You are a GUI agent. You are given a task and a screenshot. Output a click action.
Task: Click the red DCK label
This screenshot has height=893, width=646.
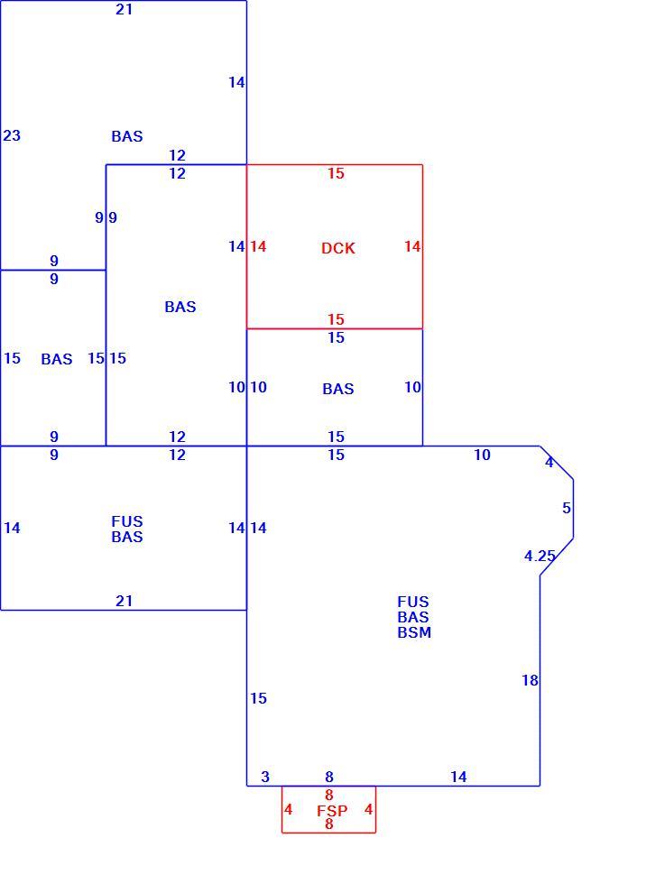(337, 248)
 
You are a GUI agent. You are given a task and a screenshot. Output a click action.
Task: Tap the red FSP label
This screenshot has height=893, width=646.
(332, 810)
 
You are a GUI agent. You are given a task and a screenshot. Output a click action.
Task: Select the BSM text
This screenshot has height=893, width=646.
(414, 632)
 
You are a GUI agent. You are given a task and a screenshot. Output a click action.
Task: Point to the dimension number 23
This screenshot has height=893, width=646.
(12, 135)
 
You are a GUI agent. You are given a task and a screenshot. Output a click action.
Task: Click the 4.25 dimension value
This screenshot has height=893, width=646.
(540, 556)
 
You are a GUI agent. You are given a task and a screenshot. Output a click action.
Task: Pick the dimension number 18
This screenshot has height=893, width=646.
(530, 680)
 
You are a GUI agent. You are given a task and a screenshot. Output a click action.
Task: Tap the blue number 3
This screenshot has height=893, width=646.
(265, 777)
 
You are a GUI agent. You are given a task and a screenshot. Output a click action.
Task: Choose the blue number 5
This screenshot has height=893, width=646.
(567, 508)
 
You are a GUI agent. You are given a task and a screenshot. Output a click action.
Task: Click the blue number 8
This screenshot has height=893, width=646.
(329, 777)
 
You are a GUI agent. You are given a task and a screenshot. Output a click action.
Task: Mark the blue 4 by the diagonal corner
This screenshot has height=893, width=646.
(549, 463)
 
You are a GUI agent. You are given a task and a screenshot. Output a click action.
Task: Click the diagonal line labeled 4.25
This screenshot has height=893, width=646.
(557, 557)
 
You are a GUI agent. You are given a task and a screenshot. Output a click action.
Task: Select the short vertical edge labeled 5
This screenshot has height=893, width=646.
(573, 509)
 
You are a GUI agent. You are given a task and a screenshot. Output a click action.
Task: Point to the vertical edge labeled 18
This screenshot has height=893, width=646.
(540, 680)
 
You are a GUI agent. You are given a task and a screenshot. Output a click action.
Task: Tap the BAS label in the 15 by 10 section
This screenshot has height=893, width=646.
(337, 389)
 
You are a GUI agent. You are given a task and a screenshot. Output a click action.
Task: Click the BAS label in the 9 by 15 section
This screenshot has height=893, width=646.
(57, 359)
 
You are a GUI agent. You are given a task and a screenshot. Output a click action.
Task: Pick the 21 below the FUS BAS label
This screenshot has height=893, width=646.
(125, 601)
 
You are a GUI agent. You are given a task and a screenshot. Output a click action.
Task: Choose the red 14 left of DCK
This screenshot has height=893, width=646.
(258, 246)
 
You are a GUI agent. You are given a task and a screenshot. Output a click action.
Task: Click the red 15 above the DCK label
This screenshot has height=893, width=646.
(337, 174)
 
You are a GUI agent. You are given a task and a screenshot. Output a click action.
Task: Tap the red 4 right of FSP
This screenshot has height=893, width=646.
(369, 809)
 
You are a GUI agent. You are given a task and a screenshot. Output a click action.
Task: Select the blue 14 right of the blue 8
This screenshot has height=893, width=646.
(458, 777)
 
